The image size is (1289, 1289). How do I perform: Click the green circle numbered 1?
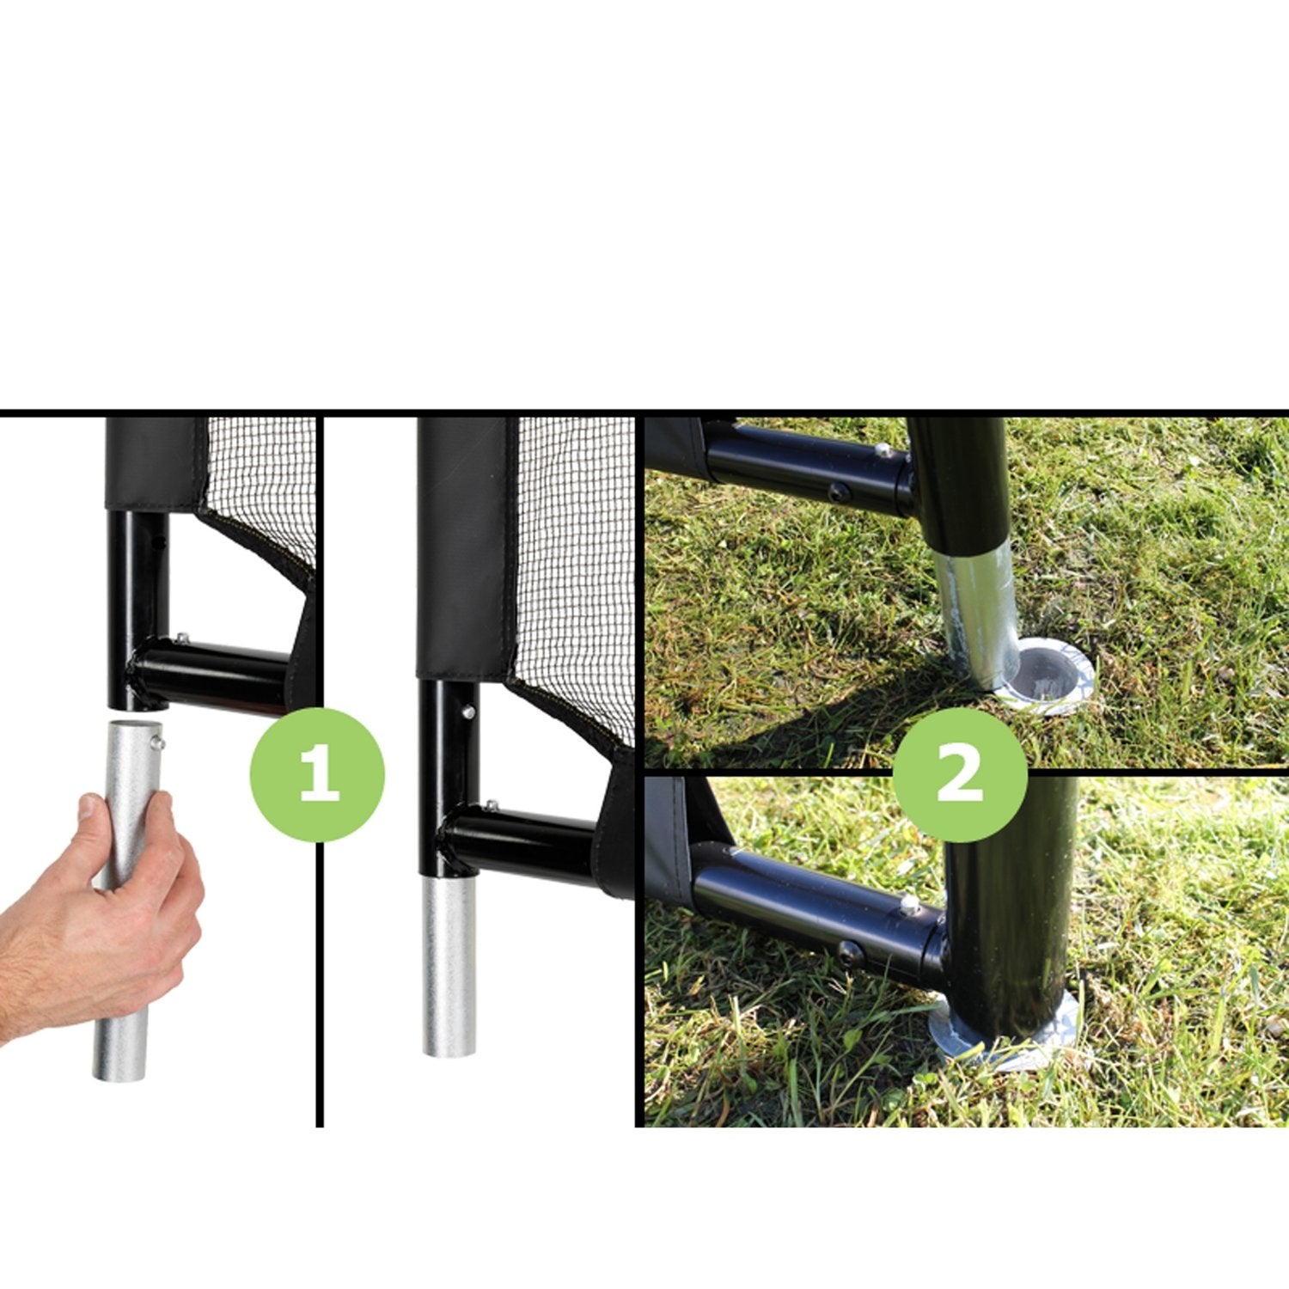[x=317, y=774]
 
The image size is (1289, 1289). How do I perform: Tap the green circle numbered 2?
[x=960, y=774]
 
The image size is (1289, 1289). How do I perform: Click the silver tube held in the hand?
[x=126, y=902]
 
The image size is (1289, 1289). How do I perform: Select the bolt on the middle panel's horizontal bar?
[x=491, y=806]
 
